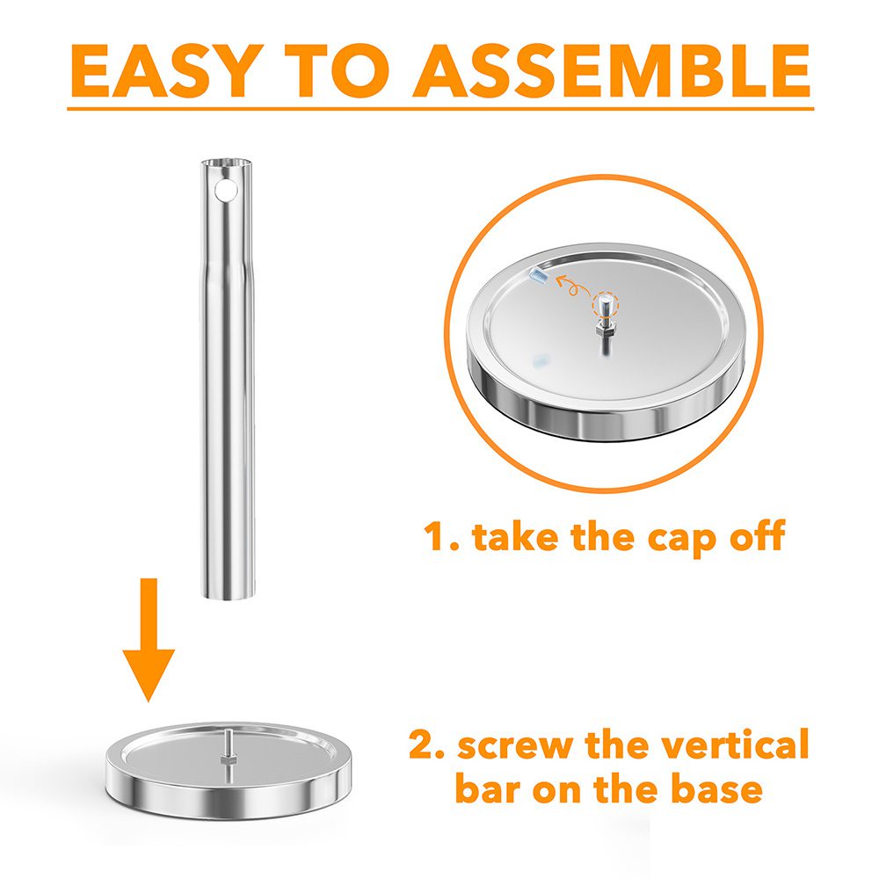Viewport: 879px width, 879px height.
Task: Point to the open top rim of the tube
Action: [228, 163]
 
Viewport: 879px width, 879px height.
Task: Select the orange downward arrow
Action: [149, 640]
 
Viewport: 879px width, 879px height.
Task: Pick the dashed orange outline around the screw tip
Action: [606, 305]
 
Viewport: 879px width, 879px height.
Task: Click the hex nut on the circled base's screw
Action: [606, 325]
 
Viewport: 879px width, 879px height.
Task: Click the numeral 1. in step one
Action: [441, 536]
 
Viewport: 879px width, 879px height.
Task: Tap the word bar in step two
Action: [489, 788]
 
